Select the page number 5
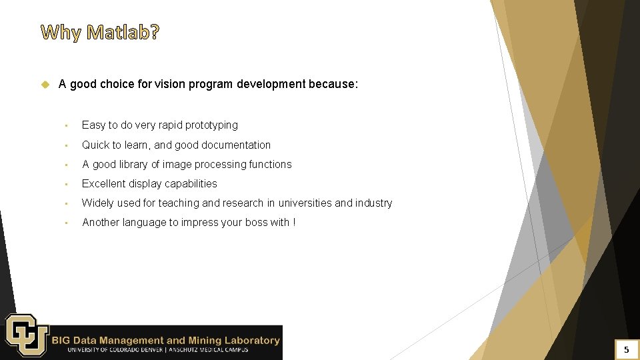(x=626, y=349)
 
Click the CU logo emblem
(x=26, y=335)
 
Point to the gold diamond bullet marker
(x=45, y=85)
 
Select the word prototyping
(x=211, y=125)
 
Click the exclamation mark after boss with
(x=294, y=222)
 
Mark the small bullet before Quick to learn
(x=67, y=145)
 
